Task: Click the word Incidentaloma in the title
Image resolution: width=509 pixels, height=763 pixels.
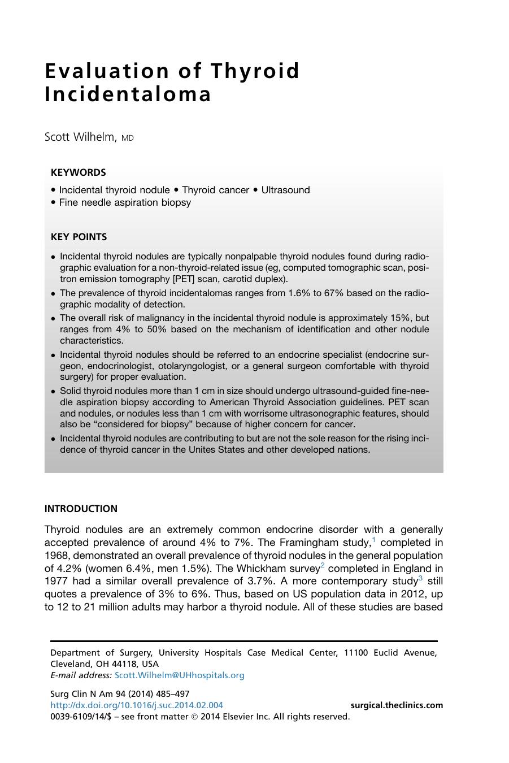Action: [128, 94]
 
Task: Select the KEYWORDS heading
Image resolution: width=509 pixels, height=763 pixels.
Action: [78, 172]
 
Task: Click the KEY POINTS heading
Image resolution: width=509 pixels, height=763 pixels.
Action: [79, 237]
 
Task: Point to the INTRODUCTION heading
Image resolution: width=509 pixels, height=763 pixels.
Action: [81, 509]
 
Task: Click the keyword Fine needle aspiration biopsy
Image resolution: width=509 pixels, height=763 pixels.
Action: [125, 202]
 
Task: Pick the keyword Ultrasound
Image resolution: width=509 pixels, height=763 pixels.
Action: [285, 190]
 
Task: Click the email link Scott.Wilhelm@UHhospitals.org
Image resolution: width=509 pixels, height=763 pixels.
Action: [179, 675]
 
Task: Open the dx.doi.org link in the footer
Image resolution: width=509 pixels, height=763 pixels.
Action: [136, 705]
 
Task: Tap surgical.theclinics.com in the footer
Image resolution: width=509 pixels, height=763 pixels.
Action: [397, 705]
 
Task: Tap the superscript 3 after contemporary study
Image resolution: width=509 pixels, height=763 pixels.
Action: [420, 579]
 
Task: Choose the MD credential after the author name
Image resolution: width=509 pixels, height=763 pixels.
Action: [128, 138]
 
